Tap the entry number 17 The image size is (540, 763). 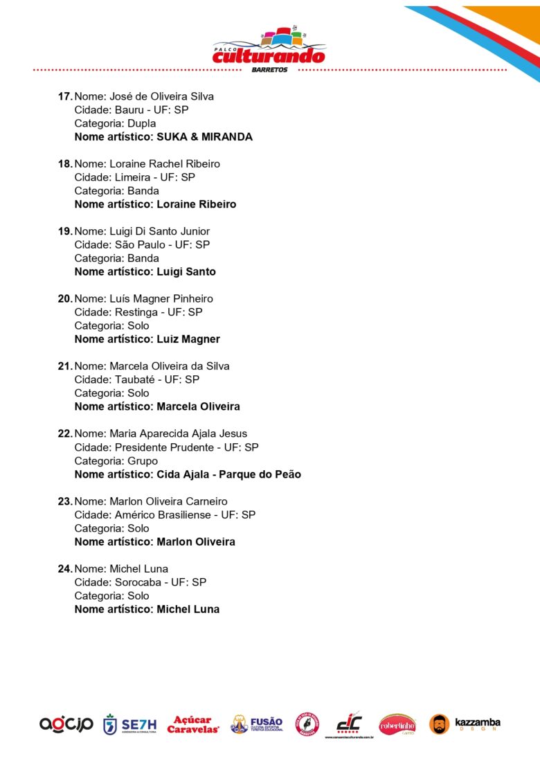(65, 96)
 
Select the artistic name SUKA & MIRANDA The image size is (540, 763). (204, 137)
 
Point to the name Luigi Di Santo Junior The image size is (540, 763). (160, 231)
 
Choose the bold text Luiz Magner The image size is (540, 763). (188, 339)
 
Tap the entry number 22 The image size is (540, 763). (65, 434)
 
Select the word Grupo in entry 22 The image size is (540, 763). (143, 461)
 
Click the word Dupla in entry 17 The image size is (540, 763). (142, 123)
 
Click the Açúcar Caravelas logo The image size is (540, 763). (193, 725)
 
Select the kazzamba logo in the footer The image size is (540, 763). (465, 724)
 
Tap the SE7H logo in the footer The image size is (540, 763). (130, 725)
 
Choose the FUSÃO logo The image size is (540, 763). (257, 724)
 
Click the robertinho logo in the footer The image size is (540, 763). (397, 724)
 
